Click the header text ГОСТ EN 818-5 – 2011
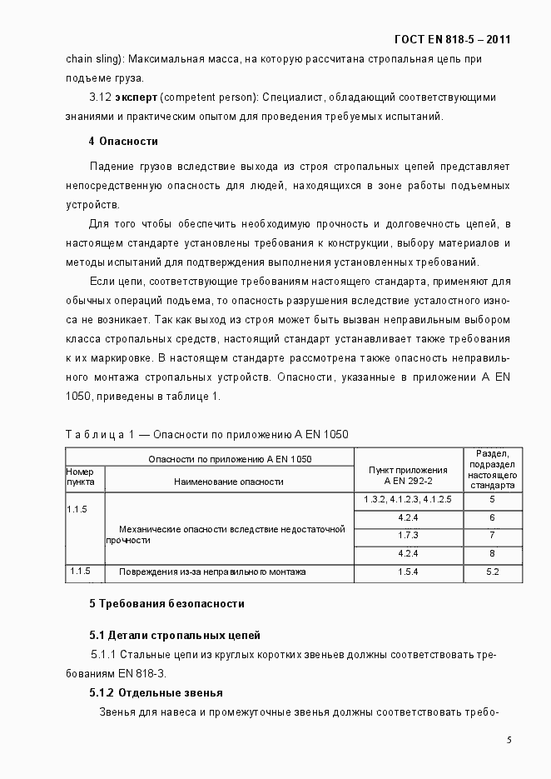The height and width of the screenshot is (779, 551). [453, 39]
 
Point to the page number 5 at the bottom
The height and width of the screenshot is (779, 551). [509, 740]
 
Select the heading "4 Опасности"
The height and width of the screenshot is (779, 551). [123, 141]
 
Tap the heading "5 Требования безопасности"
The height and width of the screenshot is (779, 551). [166, 603]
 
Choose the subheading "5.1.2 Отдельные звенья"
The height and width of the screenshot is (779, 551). [156, 693]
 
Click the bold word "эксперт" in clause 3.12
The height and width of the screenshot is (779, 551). [137, 97]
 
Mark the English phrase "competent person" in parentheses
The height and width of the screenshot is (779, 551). [204, 97]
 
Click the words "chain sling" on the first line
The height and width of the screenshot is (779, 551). [92, 60]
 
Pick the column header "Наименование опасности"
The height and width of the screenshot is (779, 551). [229, 481]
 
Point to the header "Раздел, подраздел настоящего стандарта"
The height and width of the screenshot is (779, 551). [492, 469]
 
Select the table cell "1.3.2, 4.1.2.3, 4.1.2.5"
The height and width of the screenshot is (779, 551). [408, 499]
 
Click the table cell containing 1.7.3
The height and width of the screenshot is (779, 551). [408, 535]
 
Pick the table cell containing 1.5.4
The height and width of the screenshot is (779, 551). [408, 572]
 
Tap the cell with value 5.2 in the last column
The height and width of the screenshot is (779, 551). [492, 572]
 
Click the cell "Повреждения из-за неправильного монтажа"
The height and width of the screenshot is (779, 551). [212, 572]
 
